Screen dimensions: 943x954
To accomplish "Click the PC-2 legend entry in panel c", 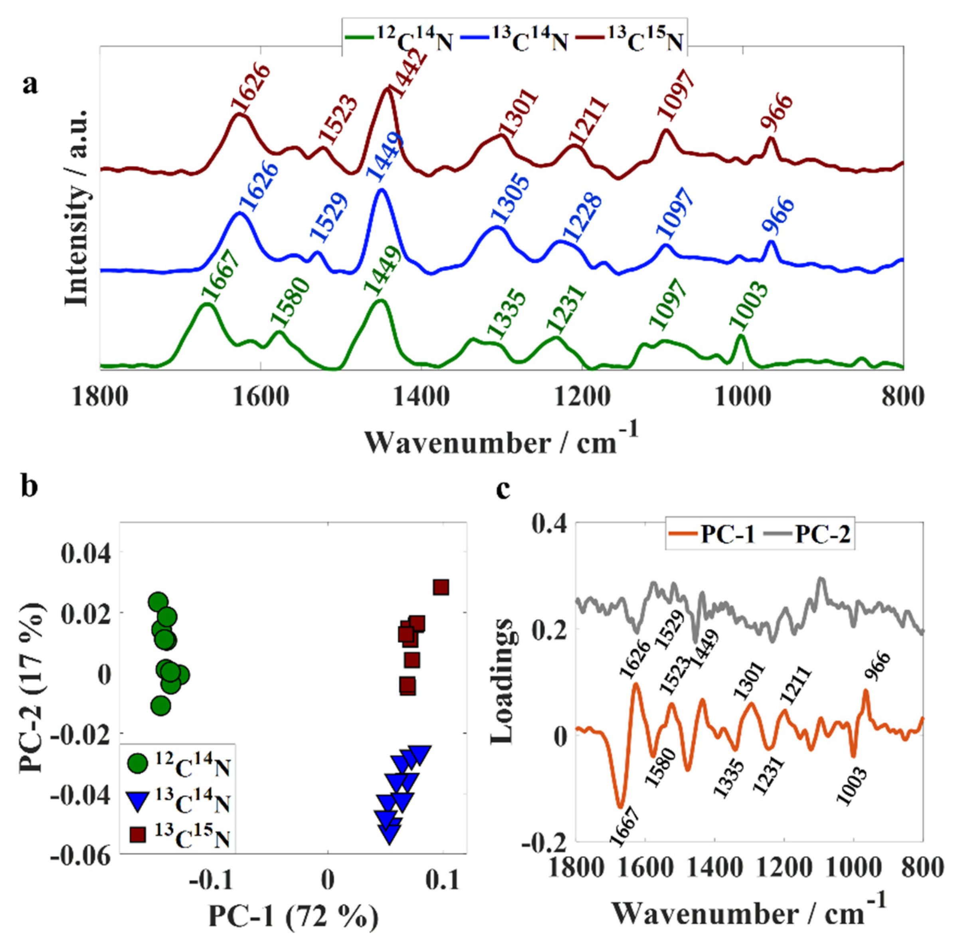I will [810, 536].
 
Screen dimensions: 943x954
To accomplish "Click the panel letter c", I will [503, 490].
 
